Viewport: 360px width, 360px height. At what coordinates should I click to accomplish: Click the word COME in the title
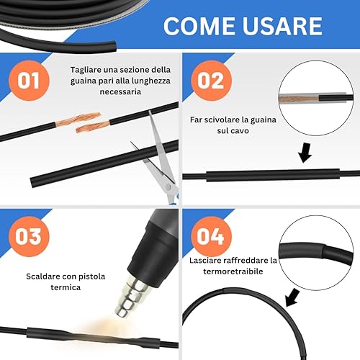(x=199, y=26)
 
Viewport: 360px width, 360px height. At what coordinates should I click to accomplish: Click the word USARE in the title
(x=282, y=26)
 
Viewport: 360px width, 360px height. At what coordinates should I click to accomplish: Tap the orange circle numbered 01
(x=29, y=81)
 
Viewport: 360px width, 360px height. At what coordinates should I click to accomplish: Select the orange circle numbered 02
(x=211, y=81)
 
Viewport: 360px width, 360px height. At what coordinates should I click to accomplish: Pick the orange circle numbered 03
(x=29, y=237)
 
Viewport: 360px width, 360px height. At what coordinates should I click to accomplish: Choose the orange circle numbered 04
(x=211, y=237)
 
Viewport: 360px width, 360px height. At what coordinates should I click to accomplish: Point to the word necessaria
(x=120, y=91)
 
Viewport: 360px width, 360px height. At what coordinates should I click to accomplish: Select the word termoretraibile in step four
(x=233, y=271)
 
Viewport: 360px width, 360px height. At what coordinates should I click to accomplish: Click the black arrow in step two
(x=305, y=153)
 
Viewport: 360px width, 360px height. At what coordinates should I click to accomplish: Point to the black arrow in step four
(x=292, y=297)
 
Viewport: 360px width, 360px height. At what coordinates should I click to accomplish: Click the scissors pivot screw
(x=168, y=187)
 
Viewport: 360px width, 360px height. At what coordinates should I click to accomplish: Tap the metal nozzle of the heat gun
(x=132, y=296)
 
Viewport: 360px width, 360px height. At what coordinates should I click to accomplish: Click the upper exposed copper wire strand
(x=78, y=119)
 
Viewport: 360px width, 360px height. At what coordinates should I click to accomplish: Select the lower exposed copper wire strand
(x=93, y=127)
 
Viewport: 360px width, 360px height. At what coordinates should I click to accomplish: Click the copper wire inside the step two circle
(x=299, y=99)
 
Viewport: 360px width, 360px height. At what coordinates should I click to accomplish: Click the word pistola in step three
(x=92, y=276)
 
